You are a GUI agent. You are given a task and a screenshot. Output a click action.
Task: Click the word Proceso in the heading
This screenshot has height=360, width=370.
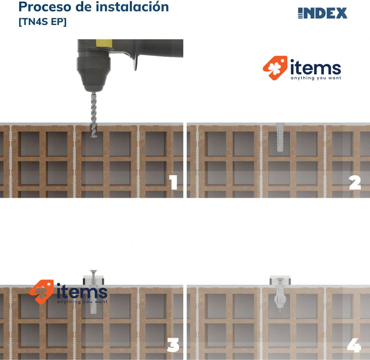[45, 7]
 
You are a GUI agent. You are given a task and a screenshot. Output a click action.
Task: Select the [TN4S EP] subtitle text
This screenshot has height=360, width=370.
[42, 22]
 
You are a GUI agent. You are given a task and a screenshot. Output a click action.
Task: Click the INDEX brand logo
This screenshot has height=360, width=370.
[322, 13]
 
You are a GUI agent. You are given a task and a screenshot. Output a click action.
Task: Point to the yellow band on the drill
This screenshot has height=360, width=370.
[104, 43]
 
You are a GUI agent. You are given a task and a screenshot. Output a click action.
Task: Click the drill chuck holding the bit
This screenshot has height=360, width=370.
[94, 71]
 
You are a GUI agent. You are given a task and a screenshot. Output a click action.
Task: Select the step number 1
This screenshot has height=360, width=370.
[173, 182]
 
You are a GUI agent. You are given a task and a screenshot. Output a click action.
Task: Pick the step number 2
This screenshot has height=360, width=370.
[355, 182]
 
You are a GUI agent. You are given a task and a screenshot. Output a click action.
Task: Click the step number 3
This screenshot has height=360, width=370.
[173, 345]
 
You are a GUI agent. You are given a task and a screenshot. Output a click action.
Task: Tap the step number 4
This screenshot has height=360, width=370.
[354, 345]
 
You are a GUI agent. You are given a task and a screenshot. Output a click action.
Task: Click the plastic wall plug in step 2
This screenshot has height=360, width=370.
[280, 137]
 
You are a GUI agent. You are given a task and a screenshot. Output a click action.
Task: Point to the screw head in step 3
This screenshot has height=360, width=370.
[94, 271]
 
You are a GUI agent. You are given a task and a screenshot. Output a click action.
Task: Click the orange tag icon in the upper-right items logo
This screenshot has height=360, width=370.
[275, 68]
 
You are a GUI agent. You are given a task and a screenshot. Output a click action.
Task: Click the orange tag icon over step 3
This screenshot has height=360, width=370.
[41, 292]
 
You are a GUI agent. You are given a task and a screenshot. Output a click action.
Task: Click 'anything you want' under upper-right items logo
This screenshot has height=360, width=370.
[316, 78]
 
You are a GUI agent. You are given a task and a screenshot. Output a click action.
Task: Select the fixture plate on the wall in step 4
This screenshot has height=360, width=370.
[280, 280]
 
